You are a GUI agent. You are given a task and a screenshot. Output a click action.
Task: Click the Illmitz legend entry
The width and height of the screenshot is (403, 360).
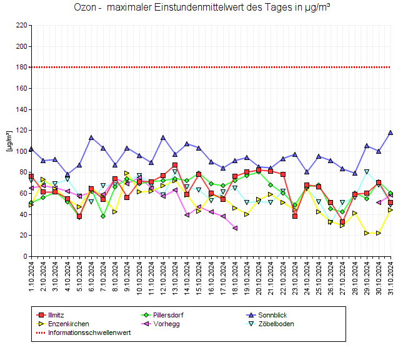(57, 314)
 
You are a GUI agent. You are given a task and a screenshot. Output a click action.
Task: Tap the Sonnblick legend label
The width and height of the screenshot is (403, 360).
(271, 314)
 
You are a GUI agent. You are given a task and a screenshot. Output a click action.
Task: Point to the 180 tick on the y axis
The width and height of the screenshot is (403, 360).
(21, 67)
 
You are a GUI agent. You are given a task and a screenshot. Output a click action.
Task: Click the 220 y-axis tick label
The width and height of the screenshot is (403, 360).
(21, 25)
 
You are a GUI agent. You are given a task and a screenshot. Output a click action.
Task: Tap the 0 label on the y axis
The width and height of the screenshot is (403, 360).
(24, 256)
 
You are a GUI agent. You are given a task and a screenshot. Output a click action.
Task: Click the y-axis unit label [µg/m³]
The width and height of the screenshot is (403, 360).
(8, 141)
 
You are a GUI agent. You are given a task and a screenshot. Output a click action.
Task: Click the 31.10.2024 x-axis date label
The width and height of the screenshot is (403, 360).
(391, 275)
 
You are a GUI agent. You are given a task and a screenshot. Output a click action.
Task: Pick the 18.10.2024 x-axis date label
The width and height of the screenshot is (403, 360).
(235, 275)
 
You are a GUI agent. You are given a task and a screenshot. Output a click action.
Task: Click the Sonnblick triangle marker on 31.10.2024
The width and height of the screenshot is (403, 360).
(391, 132)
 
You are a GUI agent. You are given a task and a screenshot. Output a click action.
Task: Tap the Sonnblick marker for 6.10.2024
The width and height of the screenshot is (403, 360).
(91, 137)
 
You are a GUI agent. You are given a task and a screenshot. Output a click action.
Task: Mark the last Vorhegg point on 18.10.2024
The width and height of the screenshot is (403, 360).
(235, 228)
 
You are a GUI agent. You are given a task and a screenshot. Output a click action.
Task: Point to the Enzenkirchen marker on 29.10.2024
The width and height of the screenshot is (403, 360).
(367, 233)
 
